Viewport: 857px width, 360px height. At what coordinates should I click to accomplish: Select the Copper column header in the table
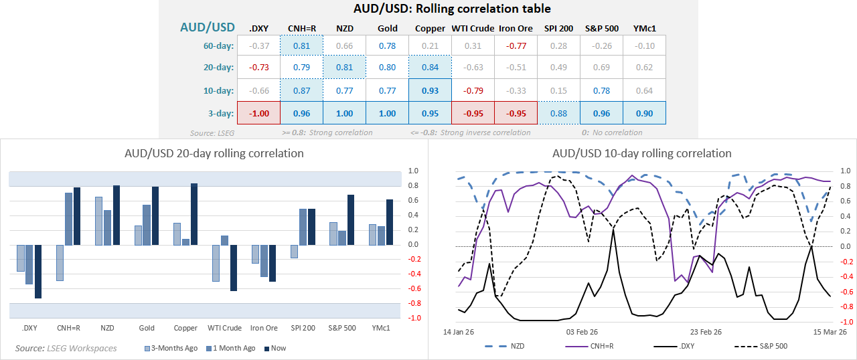[x=430, y=28]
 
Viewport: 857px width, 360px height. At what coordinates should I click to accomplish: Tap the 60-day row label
[x=218, y=46]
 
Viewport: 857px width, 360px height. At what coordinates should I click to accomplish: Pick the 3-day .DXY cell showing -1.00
[x=259, y=113]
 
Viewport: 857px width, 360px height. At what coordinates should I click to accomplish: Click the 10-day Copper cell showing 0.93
[x=430, y=90]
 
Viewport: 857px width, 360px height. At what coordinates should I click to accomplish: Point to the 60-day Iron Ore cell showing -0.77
[x=516, y=46]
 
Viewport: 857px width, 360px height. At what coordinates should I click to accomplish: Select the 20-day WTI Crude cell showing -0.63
[x=473, y=68]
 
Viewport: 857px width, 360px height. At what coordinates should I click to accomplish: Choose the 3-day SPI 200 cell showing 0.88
[x=558, y=113]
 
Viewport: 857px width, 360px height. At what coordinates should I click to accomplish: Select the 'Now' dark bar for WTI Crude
[x=234, y=268]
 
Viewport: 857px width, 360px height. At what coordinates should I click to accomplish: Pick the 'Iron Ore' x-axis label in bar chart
[x=264, y=328]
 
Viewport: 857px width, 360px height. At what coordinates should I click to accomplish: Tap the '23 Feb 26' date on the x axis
[x=706, y=331]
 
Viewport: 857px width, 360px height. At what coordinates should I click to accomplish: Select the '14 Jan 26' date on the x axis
[x=459, y=331]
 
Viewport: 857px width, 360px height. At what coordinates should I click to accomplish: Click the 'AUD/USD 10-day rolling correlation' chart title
[x=641, y=153]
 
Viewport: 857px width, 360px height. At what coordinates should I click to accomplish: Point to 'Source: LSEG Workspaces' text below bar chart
[x=66, y=348]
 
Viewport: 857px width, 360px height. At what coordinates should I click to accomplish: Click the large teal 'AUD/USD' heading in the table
[x=208, y=27]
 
